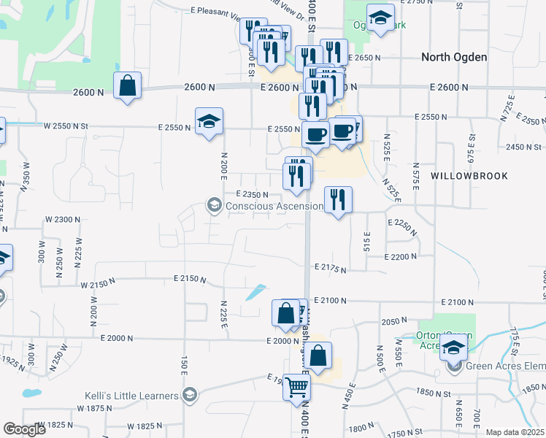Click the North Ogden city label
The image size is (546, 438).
pos(454,57)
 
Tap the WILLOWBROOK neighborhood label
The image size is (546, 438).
pos(469,176)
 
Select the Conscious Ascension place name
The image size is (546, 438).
pos(274,206)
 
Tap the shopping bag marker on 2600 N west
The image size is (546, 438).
pos(127,85)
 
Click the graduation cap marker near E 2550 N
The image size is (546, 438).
pos(209,121)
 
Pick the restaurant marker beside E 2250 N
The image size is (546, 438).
pos(338,200)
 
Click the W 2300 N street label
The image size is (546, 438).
pos(63,219)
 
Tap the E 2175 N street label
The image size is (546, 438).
pos(330,269)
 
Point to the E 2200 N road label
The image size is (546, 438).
pos(401,256)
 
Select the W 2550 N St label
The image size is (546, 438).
pos(65,126)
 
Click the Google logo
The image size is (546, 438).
pos(24,429)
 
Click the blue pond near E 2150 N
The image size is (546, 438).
pos(256,292)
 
